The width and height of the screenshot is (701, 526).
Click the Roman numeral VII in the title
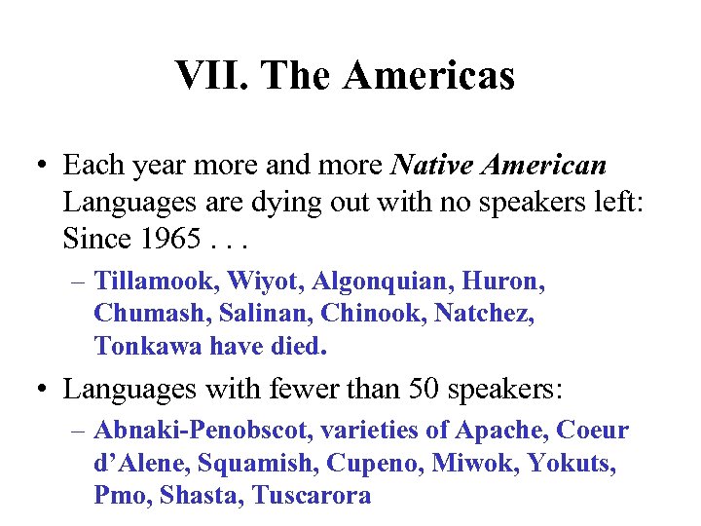(209, 75)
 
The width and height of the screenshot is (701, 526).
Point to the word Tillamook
(157, 283)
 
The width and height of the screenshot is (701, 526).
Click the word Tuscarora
(312, 495)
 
